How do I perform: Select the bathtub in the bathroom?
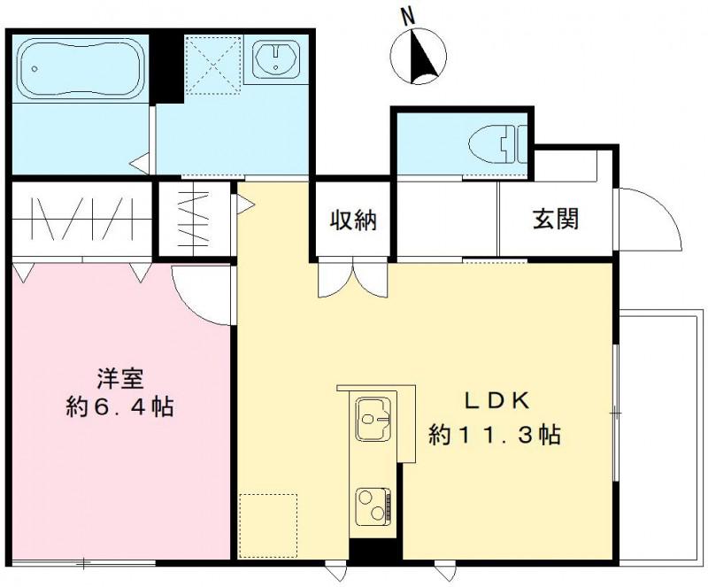(x=78, y=67)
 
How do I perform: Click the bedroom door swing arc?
(x=199, y=292)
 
